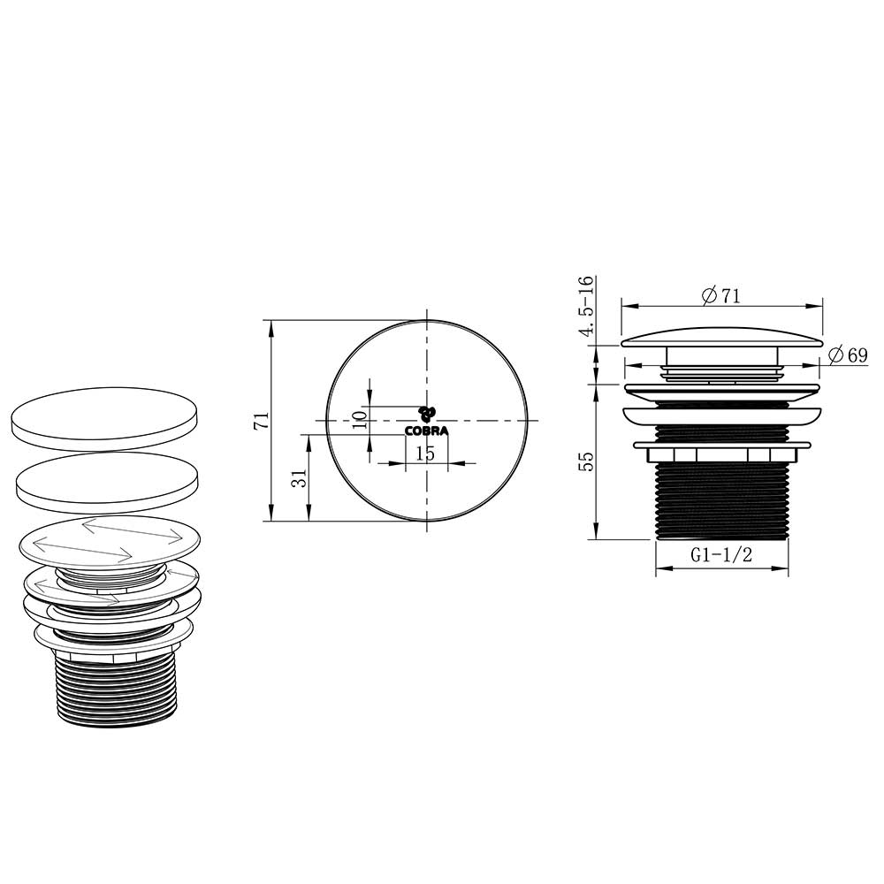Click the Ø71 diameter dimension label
721,295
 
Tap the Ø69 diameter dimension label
848,354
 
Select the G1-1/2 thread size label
721,555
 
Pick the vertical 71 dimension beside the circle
263,421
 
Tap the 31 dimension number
301,478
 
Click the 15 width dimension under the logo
426,453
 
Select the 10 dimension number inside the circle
360,419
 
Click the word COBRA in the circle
427,431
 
